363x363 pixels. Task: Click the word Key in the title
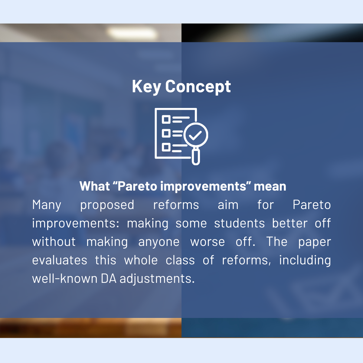coord(146,87)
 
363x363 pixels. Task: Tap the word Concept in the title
coord(198,87)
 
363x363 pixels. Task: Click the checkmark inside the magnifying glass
coord(195,136)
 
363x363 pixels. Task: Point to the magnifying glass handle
coord(196,157)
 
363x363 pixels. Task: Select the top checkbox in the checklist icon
coord(166,119)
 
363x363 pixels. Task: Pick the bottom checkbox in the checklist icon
coord(166,147)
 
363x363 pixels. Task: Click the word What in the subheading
coord(95,186)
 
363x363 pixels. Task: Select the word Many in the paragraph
coord(47,205)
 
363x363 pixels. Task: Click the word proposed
coord(107,205)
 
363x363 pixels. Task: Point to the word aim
coord(228,205)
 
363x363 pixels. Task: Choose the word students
coord(239,223)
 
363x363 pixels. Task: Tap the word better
coord(290,223)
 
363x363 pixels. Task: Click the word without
coord(54,242)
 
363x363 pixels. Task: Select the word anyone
coord(159,242)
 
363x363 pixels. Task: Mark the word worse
coord(208,242)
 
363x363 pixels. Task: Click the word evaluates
coord(60,260)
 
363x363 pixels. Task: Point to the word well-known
coord(65,279)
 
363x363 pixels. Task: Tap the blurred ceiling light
coord(132,33)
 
